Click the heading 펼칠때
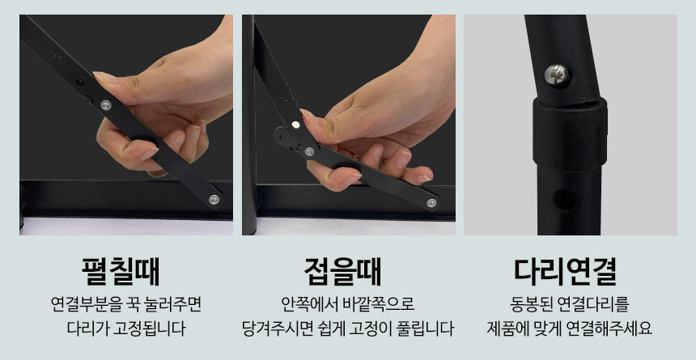point(121,271)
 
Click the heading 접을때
point(342,271)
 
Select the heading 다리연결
point(565,271)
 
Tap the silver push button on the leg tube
point(558,74)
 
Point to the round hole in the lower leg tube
point(564,200)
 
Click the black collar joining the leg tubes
point(570,135)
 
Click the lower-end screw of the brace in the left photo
point(214,200)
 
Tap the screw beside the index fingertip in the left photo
point(106,105)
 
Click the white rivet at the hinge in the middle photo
point(295,125)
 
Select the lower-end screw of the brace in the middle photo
point(431,203)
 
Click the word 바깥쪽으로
point(379,304)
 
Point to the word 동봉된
point(529,304)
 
